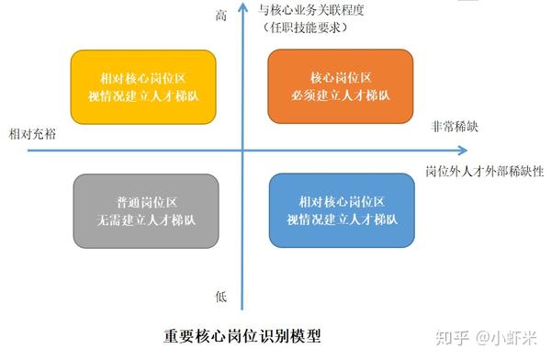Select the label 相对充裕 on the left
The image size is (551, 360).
(31, 134)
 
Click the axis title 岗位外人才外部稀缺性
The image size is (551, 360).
(485, 171)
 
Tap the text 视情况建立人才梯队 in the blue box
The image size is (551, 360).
(341, 219)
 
